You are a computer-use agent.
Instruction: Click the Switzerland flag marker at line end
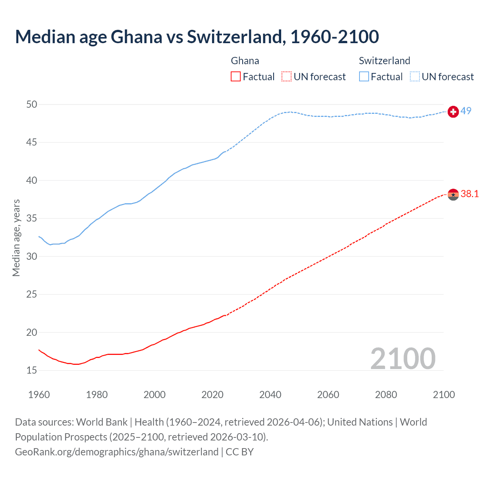(x=453, y=112)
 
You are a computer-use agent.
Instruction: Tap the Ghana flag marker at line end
(x=453, y=194)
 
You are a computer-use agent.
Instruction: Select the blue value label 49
(x=466, y=111)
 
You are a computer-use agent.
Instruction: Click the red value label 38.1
(x=470, y=194)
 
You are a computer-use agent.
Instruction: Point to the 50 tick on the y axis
(x=32, y=104)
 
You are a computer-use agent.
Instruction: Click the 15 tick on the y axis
(x=32, y=370)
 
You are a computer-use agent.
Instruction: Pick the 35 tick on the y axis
(x=32, y=219)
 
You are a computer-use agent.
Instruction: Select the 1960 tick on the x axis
(x=39, y=395)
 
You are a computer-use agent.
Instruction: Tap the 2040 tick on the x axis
(x=270, y=395)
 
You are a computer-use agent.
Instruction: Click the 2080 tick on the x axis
(x=386, y=395)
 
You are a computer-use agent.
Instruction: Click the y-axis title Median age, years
(x=16, y=238)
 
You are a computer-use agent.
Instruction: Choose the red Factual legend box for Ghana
(x=236, y=77)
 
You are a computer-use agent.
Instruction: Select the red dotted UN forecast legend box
(x=287, y=77)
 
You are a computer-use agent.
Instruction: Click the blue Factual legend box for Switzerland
(x=364, y=77)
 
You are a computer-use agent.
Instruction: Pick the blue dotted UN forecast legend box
(x=415, y=77)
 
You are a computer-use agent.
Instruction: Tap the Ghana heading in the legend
(x=245, y=61)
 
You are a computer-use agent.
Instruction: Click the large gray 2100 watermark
(x=403, y=358)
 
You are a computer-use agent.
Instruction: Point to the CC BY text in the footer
(x=240, y=452)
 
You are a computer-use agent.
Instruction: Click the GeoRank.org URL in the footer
(x=117, y=452)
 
